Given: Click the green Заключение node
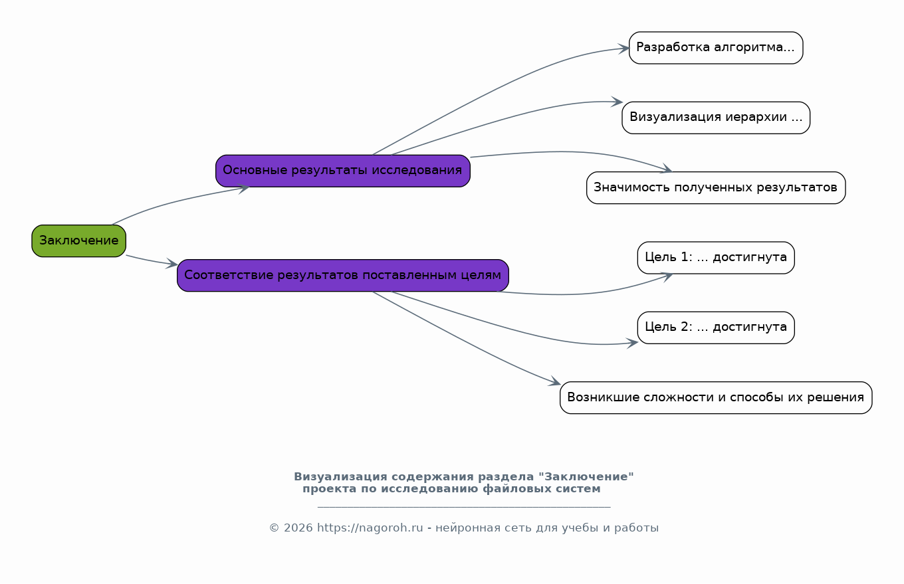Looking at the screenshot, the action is pos(78,241).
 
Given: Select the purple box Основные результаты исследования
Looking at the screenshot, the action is pos(342,171).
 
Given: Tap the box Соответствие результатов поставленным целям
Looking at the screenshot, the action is pos(342,276).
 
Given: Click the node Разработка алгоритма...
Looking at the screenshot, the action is pos(715,48).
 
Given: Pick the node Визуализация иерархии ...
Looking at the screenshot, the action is pos(715,118).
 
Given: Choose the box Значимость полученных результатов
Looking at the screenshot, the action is pos(715,187).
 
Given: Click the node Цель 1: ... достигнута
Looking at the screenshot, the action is pos(715,258).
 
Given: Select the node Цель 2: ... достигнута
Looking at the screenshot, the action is pos(715,328).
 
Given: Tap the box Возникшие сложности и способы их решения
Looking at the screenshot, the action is pos(715,398).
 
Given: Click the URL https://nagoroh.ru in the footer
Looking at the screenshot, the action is pos(370,528).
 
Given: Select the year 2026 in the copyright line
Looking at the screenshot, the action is pos(298,528).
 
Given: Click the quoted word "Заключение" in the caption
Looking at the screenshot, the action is pos(586,476).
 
